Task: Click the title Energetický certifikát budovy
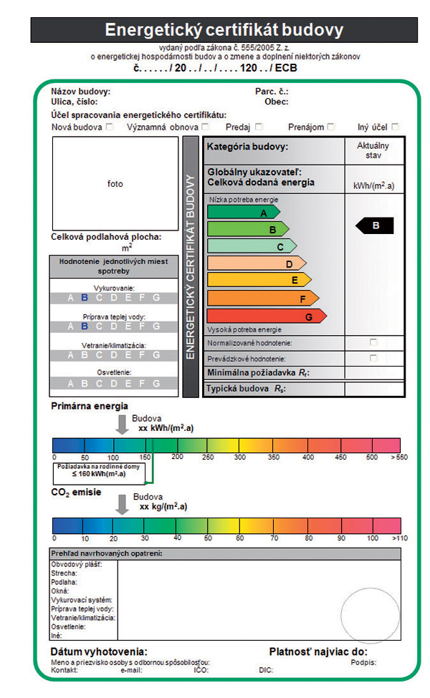point(224,30)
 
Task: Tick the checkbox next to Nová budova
point(110,127)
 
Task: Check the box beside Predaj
point(257,127)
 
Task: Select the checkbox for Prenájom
point(330,127)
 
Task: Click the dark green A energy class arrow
point(244,213)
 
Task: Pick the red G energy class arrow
point(266,316)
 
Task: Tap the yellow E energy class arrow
point(259,280)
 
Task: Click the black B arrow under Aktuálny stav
point(376,226)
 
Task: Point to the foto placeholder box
point(115,183)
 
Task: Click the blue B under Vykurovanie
point(84,298)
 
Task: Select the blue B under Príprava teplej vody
point(84,326)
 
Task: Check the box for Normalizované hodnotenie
point(373,342)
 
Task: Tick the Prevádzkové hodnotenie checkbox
point(373,357)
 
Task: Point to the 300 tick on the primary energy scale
point(239,457)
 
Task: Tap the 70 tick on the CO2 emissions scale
point(274,538)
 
